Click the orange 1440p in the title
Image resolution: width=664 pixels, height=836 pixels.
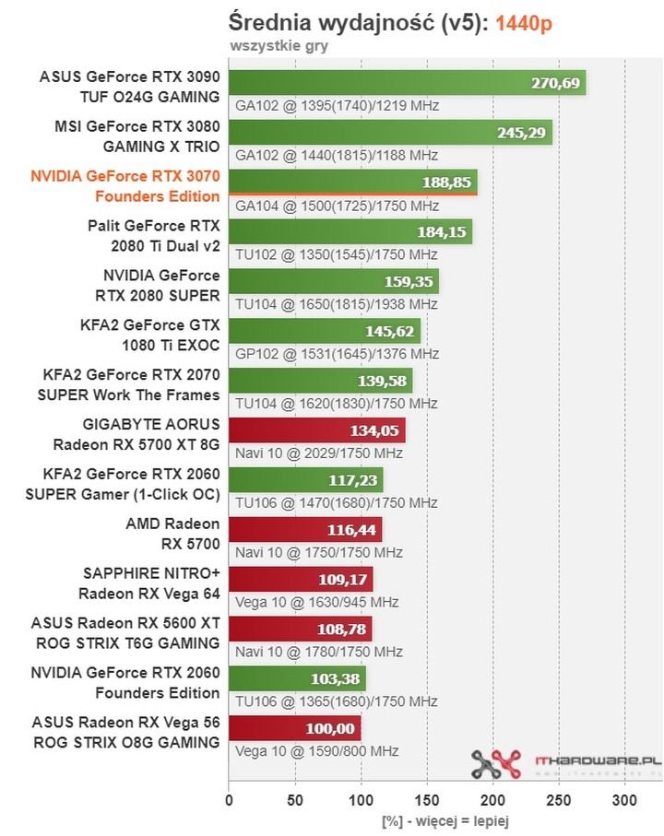coord(523,23)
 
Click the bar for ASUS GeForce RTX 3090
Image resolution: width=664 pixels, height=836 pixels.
coord(406,83)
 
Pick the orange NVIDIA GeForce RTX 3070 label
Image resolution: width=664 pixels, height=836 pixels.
coord(125,184)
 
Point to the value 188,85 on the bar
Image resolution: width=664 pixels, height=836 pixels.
coord(446,183)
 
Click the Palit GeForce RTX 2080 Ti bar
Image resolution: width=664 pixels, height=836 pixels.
coord(350,232)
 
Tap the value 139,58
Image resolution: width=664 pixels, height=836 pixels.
coord(383,382)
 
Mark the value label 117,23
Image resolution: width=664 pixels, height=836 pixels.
coord(354,480)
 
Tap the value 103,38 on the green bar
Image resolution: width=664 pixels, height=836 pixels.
coord(337,679)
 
